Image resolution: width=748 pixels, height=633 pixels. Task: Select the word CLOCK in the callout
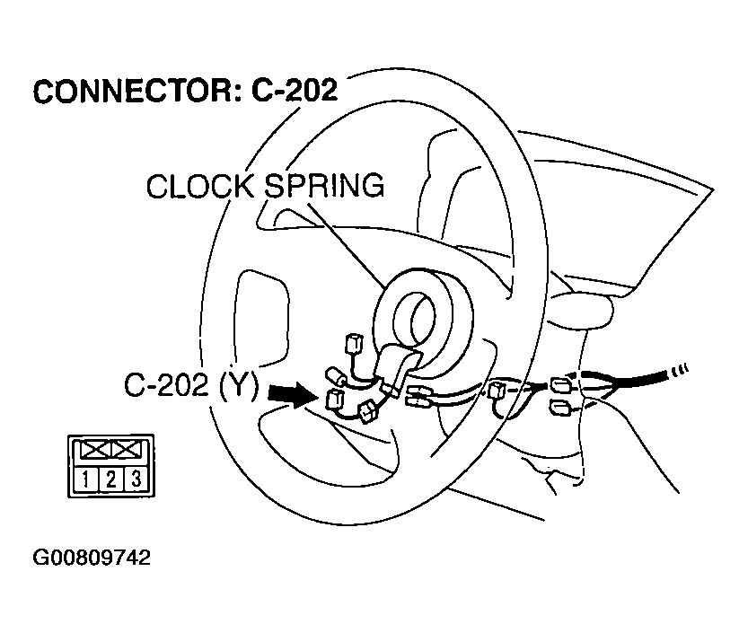pyautogui.click(x=198, y=187)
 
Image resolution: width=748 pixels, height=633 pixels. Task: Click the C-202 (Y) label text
pyautogui.click(x=190, y=387)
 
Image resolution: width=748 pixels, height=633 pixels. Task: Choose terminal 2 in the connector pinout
pyautogui.click(x=110, y=478)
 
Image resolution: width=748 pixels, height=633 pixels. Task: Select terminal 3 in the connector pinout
pyautogui.click(x=134, y=478)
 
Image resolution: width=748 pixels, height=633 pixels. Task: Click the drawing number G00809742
pyautogui.click(x=92, y=558)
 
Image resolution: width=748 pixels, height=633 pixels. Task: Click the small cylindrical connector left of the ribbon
pyautogui.click(x=336, y=375)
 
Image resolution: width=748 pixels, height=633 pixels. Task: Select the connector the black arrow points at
pyautogui.click(x=336, y=398)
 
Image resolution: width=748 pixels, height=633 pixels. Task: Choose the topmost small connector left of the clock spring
pyautogui.click(x=352, y=342)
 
